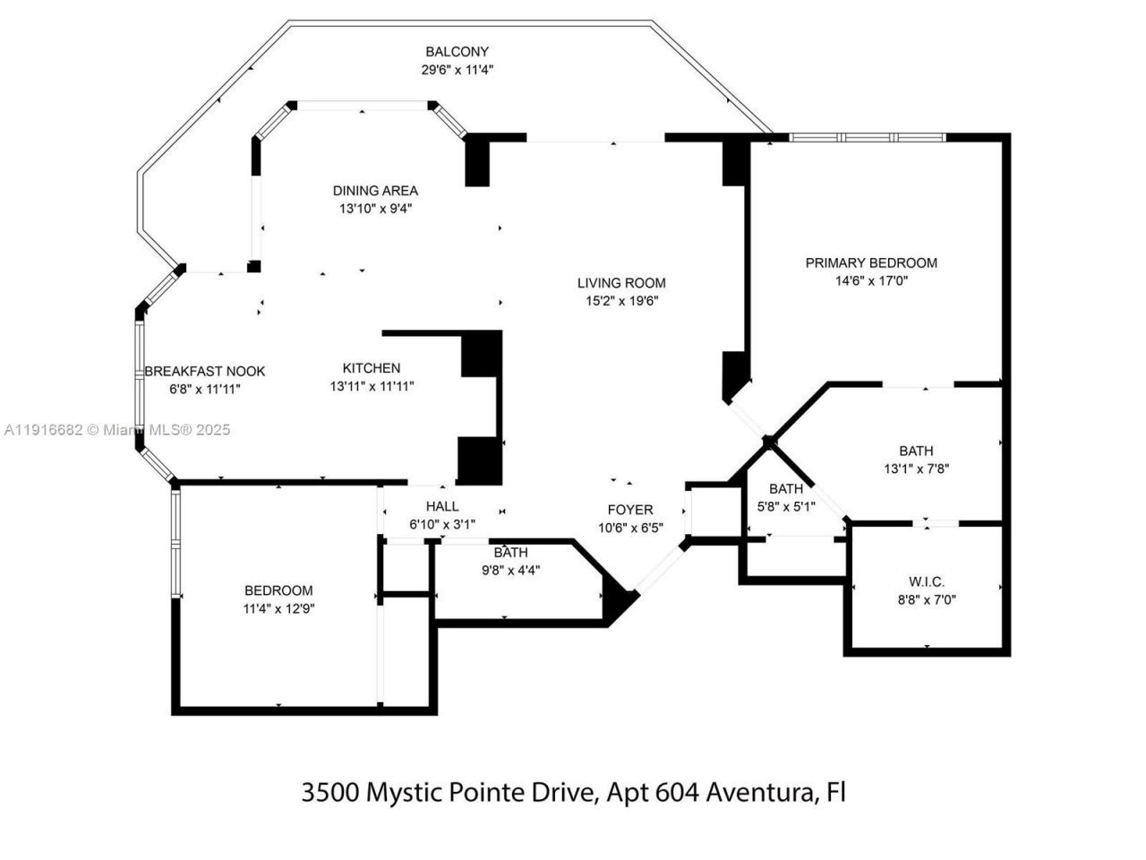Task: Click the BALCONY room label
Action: click(457, 52)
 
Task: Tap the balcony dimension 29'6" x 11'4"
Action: click(457, 69)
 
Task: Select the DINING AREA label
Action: click(375, 191)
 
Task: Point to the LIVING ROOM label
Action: click(621, 283)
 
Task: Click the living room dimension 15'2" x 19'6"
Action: click(621, 301)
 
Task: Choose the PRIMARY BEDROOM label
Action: click(871, 263)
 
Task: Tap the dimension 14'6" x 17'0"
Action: click(871, 280)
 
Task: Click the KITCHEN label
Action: click(372, 368)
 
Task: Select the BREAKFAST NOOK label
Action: click(205, 372)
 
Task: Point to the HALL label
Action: click(442, 507)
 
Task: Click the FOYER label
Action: click(630, 510)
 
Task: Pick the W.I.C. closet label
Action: click(926, 582)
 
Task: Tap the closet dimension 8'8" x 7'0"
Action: click(927, 600)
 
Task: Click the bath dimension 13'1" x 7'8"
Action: click(916, 469)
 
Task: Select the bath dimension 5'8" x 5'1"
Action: click(785, 505)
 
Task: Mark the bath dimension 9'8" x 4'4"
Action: click(510, 570)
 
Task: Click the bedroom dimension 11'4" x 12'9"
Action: click(278, 608)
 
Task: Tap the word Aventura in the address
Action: click(760, 793)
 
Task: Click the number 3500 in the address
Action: click(330, 793)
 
